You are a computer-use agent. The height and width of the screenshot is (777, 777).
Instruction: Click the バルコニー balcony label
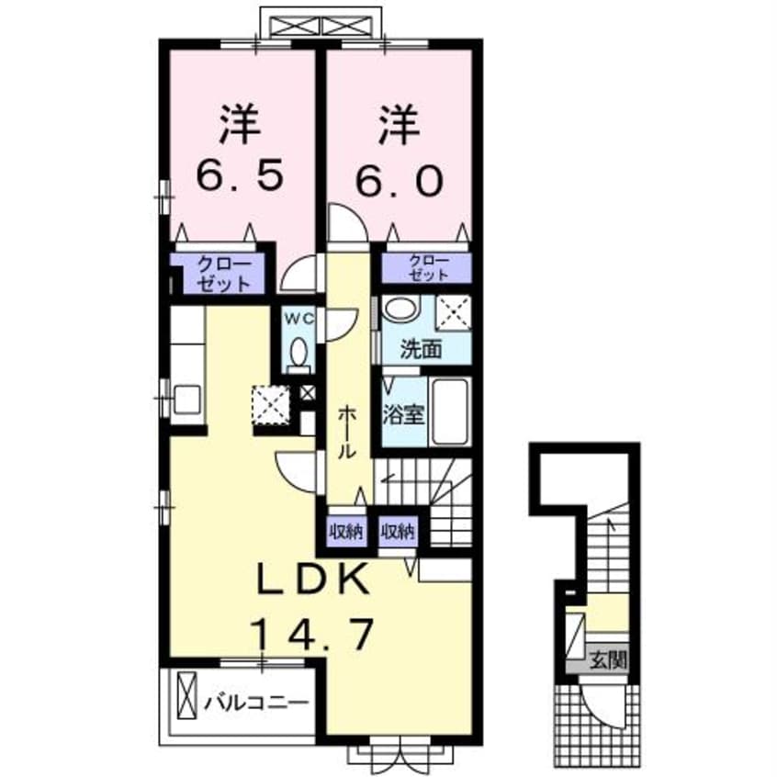(x=254, y=704)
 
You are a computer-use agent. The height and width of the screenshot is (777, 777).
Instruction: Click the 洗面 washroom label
(x=422, y=350)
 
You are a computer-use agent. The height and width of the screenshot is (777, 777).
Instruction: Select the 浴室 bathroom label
(x=403, y=415)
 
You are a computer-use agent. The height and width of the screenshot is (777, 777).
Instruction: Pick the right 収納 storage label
(x=398, y=530)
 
